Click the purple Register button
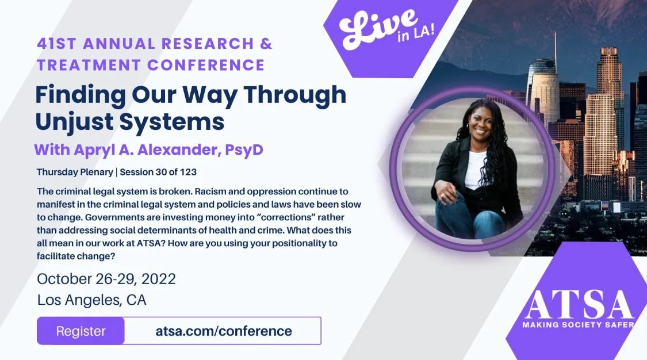pos(81,331)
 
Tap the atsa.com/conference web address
pos(224,331)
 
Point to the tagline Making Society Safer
pos(578,325)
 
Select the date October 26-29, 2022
pos(106,279)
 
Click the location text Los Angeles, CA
pos(92,300)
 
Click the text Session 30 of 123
pos(164,172)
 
